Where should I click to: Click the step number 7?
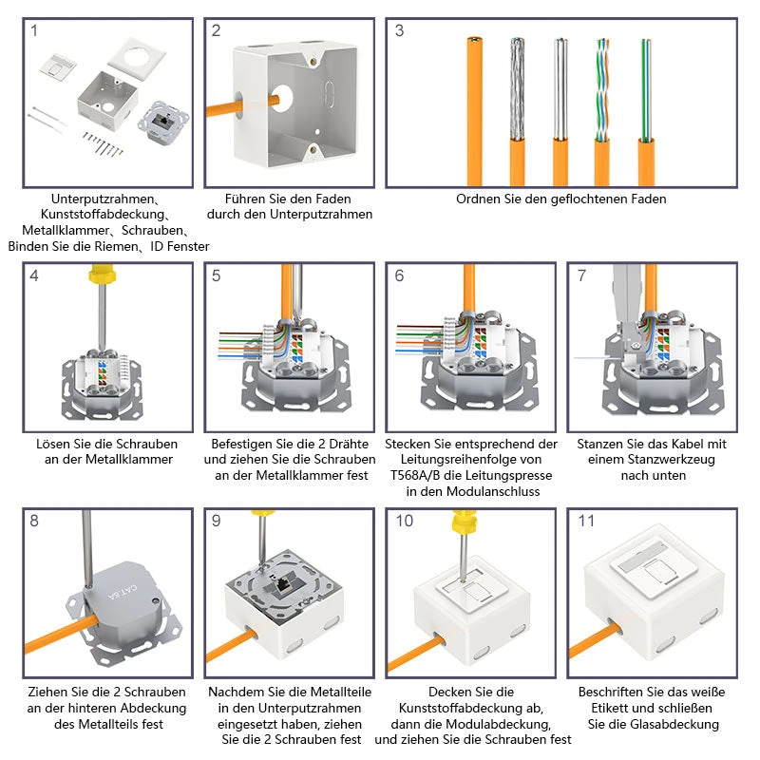point(581,275)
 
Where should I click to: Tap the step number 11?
point(586,521)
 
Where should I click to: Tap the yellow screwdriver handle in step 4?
point(103,275)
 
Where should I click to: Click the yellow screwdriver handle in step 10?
point(464,521)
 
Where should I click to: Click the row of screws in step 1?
point(103,144)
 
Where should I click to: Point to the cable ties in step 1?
point(47,120)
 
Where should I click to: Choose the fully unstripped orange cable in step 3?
point(474,111)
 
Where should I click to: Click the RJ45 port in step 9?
point(281,585)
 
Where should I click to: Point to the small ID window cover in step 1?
point(58,66)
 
